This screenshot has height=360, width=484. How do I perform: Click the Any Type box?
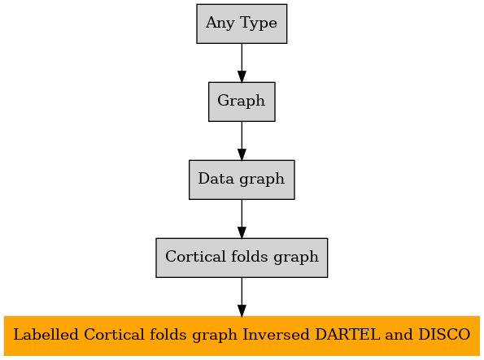pos(242,24)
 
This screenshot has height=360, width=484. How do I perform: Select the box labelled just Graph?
pos(242,102)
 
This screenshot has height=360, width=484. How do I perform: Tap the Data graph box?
pos(242,180)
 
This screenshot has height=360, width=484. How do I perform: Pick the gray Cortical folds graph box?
pos(242,258)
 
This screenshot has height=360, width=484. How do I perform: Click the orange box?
pos(242,336)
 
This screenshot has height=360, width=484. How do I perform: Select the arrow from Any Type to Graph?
pos(242,63)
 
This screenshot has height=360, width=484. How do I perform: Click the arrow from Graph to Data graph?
pos(242,141)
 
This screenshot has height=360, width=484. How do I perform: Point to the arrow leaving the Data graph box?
pos(242,219)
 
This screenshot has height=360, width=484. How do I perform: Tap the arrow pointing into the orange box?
pos(242,297)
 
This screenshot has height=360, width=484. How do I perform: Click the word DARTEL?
pos(347,335)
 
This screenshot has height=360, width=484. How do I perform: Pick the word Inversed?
pos(276,335)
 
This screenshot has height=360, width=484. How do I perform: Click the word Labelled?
pos(46,335)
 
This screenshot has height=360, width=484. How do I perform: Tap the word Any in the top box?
pos(220,24)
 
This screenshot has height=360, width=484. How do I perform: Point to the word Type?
pos(259,24)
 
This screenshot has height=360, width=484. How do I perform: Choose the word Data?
pos(216,179)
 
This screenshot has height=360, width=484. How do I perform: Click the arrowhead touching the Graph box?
pos(242,76)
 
